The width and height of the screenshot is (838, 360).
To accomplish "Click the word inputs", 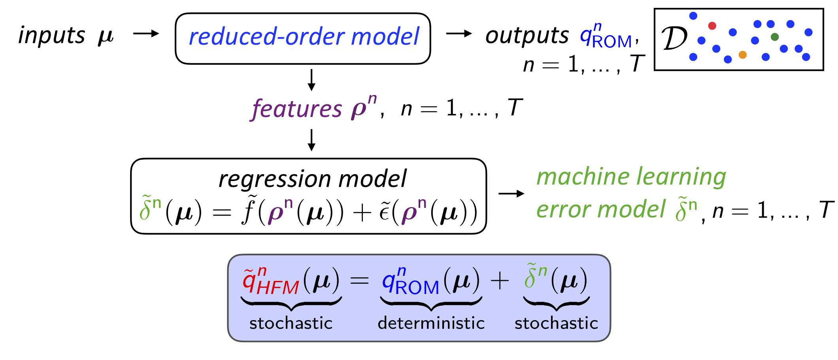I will tap(51, 36).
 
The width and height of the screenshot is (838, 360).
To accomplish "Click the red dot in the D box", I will tap(712, 26).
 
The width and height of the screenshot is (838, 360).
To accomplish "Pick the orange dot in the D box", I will tap(742, 55).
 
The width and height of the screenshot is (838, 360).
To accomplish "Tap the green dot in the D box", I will tap(774, 37).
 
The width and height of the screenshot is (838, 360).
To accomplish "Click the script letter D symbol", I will tap(674, 39).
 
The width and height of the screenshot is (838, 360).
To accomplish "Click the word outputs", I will tap(527, 36).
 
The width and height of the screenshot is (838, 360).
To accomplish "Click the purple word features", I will tap(296, 109).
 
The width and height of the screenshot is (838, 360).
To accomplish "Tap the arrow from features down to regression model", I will tap(311, 140).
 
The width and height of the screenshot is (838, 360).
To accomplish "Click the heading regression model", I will tap(312, 179).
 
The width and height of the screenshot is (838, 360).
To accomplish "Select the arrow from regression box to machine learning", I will tap(511, 194).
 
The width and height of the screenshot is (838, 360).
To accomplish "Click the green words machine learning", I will tap(631, 177).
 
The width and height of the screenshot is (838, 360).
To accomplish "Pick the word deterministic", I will tap(431, 323).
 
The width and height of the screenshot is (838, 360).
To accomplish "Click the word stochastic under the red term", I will tap(291, 323).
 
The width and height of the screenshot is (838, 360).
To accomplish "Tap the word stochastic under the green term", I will tap(556, 323).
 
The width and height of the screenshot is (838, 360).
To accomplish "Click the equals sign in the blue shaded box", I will tap(359, 281).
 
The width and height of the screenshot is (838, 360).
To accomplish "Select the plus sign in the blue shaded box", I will tap(500, 282).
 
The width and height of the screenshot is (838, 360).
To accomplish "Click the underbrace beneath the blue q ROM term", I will tap(431, 303).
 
